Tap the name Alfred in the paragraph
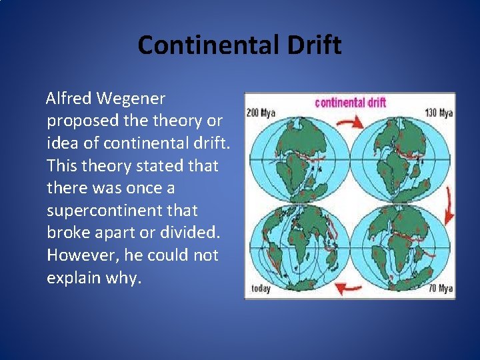point(69,99)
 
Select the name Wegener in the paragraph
point(131,99)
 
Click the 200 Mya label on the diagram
point(261,113)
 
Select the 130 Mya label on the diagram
point(439,113)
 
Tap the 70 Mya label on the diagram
point(441,289)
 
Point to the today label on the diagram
point(261,289)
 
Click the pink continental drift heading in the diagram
point(349,102)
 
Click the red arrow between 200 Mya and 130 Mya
point(349,121)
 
